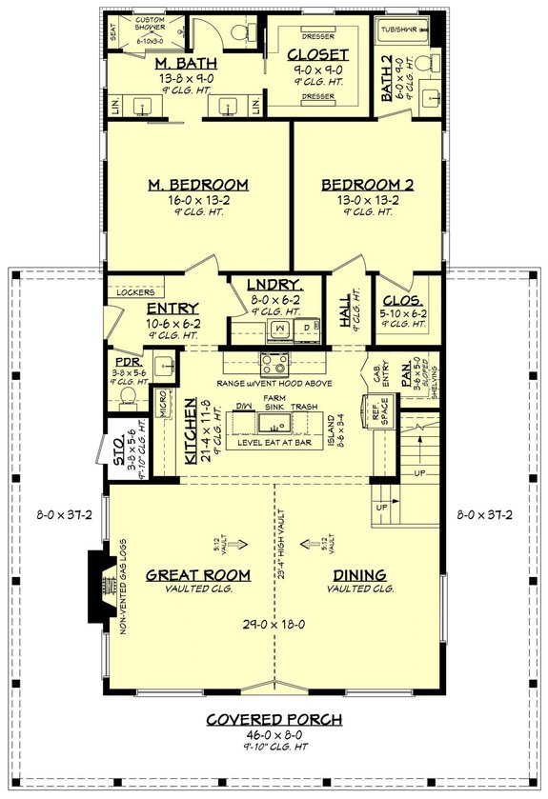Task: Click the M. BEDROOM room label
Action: pos(198,184)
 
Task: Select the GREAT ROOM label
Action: pos(198,574)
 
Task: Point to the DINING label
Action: pos(359,574)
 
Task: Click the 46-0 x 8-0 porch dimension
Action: pos(275,736)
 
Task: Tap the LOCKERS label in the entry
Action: pos(135,292)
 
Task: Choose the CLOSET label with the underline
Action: pos(318,54)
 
